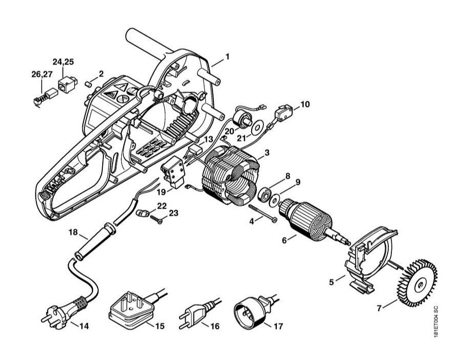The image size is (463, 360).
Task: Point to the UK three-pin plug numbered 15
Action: click(131, 310)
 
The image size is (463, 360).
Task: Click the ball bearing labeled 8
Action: click(266, 194)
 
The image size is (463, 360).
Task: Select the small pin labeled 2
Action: click(88, 80)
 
